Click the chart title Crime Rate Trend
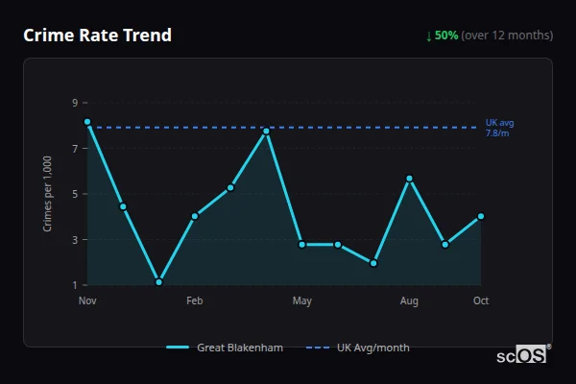[x=97, y=36]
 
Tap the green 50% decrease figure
[x=446, y=36]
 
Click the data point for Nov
[x=87, y=122]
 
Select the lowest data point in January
[x=158, y=282]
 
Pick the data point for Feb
[x=195, y=216]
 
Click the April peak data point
[x=266, y=131]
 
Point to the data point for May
[x=302, y=245]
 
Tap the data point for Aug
[x=409, y=179]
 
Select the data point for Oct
[x=481, y=216]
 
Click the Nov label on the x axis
[x=87, y=301]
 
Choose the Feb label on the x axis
[x=195, y=301]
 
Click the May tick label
[x=302, y=301]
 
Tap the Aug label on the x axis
[x=409, y=301]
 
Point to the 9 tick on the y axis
[x=74, y=102]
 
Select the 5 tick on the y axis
[x=74, y=194]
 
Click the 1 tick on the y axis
[x=74, y=285]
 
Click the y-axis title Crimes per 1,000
[x=47, y=194]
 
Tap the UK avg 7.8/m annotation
[x=499, y=128]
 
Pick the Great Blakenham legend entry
[x=225, y=348]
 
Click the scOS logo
[x=522, y=355]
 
